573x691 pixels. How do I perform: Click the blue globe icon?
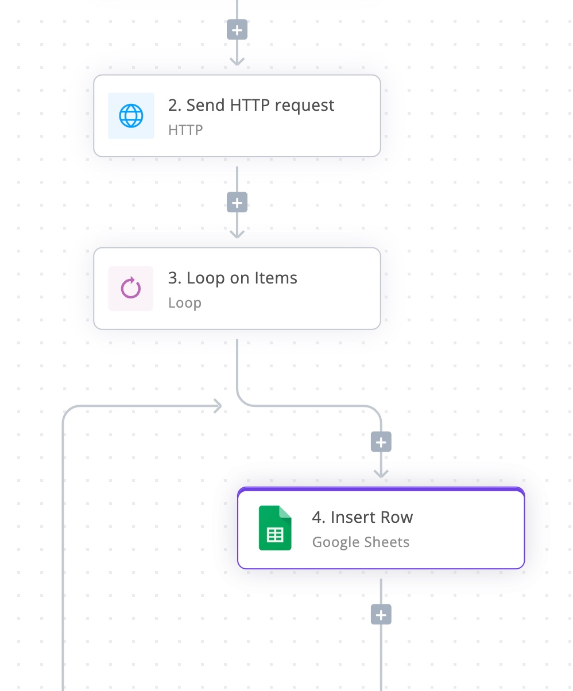coord(131,116)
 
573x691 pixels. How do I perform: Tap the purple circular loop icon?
coord(131,289)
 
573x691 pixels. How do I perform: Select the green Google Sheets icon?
coord(275,528)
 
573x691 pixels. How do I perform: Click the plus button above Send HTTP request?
coord(237,30)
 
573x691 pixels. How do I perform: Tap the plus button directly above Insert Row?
coord(381,442)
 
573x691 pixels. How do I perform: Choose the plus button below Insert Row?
coord(381,615)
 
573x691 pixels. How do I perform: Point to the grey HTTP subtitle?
coord(185,130)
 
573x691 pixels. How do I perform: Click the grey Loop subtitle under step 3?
coord(184,303)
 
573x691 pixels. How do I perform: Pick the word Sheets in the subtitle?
coord(389,542)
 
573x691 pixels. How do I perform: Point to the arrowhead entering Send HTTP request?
coord(237,61)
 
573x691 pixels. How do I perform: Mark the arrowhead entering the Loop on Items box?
coord(237,234)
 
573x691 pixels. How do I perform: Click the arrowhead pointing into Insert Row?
coord(381,473)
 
